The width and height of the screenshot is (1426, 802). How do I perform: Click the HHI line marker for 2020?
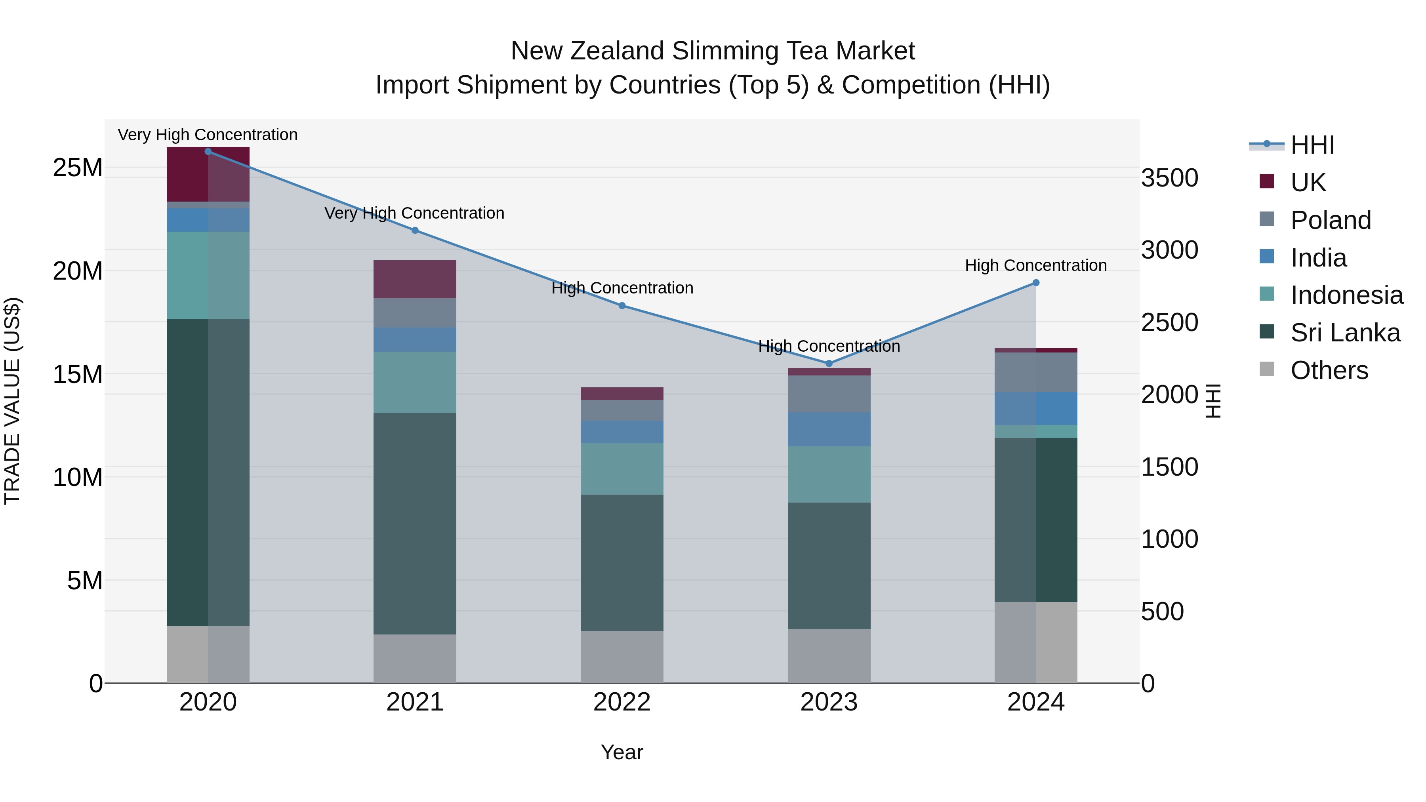tap(208, 152)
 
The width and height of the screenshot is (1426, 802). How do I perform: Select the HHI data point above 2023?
tap(829, 364)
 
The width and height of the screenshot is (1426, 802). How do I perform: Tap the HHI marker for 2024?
tap(1036, 283)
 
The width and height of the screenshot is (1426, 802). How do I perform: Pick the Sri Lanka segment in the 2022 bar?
tap(621, 562)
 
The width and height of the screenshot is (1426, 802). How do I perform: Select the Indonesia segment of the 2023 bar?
tap(829, 474)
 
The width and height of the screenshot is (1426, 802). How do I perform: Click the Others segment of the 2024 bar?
tap(1036, 642)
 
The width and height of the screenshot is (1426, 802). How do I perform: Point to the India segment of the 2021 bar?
tap(415, 339)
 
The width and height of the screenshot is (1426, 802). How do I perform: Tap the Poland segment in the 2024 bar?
tap(1036, 373)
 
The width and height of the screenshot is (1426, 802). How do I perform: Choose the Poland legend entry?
tap(1330, 220)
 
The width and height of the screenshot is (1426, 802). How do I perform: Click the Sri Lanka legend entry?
tap(1345, 333)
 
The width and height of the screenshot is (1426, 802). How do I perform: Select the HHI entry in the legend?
tap(1312, 145)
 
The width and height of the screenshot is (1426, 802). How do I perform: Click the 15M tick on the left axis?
tap(78, 375)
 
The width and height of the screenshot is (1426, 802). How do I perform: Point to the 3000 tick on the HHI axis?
tap(1169, 250)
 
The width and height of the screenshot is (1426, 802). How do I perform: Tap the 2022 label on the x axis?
tap(621, 702)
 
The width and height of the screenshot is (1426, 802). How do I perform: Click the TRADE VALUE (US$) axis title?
tap(13, 401)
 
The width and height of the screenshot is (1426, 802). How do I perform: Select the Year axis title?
tap(621, 752)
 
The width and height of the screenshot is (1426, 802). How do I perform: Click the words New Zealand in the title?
tap(588, 51)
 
